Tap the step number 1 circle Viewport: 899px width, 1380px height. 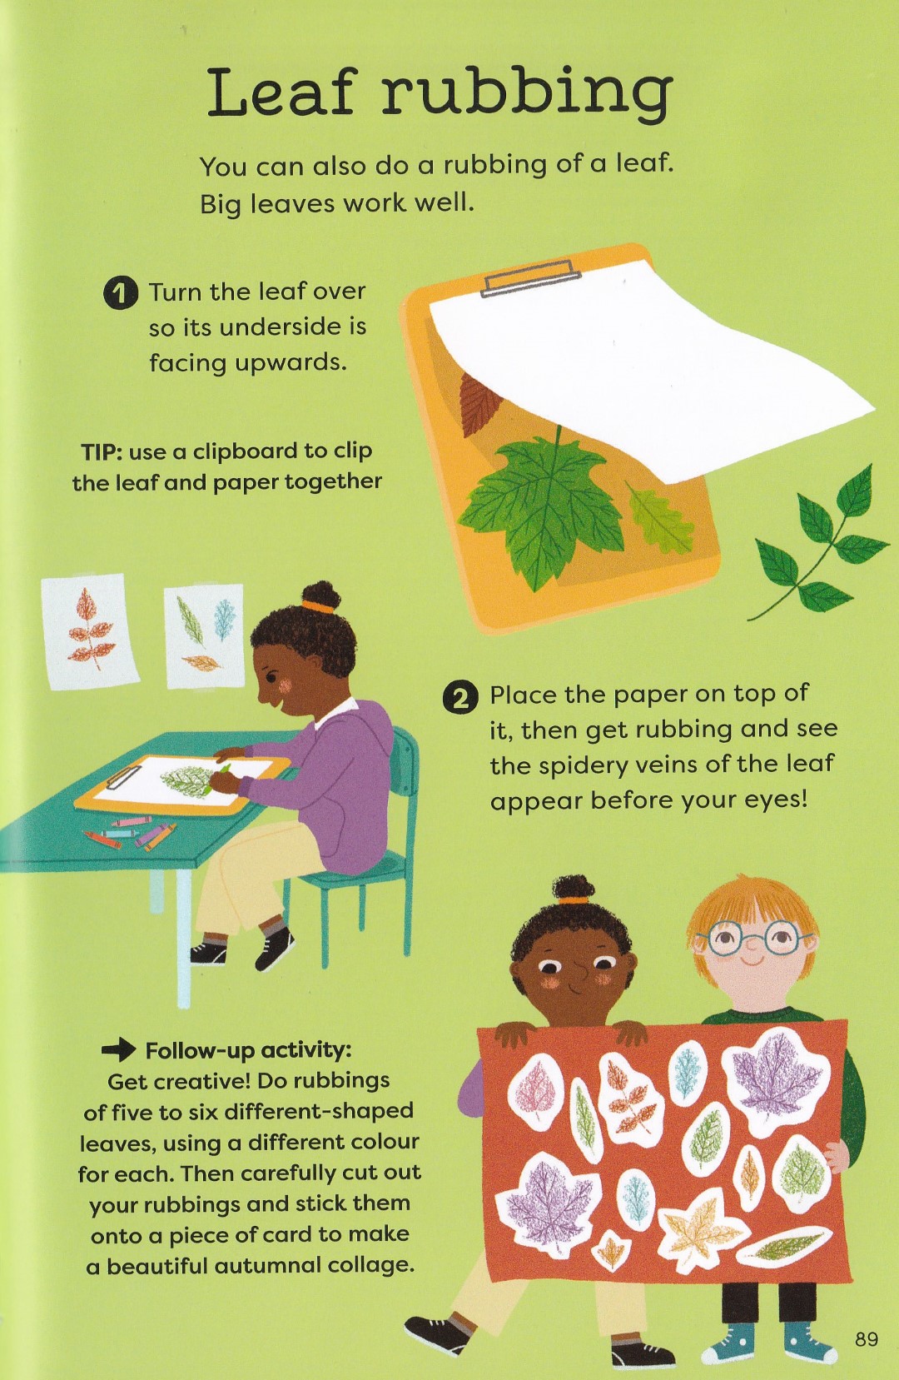[x=119, y=293]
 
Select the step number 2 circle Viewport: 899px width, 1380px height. [x=460, y=698]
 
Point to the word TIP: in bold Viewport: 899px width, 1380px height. [x=101, y=451]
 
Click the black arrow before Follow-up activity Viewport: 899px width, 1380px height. [x=118, y=1049]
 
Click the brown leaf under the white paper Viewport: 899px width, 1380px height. [x=480, y=396]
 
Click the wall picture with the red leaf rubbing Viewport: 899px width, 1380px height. [x=90, y=632]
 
